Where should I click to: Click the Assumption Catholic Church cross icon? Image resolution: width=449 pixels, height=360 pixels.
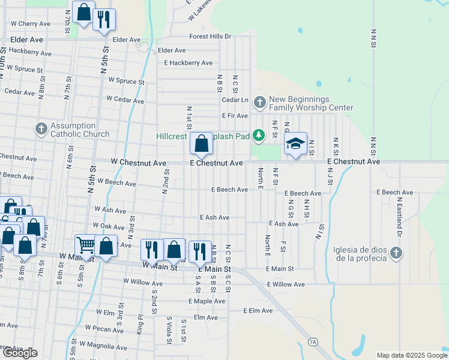[41, 128]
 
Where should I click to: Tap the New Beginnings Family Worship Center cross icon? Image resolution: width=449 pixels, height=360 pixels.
[259, 102]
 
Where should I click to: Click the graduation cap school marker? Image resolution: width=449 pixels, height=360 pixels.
[295, 144]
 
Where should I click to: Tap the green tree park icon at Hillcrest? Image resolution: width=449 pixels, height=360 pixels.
[259, 136]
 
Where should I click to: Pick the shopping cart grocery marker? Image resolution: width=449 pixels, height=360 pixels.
[86, 245]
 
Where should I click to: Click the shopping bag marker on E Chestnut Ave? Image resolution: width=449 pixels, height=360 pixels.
[202, 144]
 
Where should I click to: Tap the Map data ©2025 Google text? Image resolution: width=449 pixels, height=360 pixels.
[412, 355]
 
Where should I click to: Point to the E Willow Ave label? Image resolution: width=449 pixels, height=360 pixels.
[286, 284]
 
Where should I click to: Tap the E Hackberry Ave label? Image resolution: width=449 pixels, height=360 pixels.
[188, 63]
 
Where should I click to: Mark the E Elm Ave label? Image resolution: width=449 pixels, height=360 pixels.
[258, 311]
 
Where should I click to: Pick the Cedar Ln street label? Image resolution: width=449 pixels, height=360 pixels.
[235, 100]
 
